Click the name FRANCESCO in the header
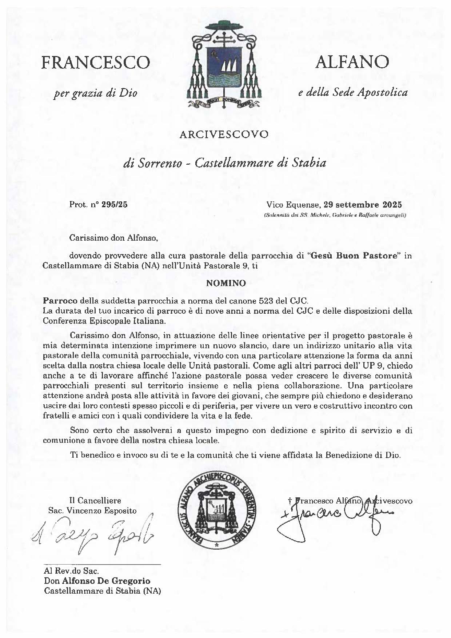coord(95,63)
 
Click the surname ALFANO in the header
coord(352,62)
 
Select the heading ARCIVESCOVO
coord(224,135)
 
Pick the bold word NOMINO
coord(226,283)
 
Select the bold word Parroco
coord(60,301)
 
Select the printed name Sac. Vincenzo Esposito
coord(92,510)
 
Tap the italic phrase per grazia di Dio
coord(95,93)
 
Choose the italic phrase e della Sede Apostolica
coord(352,93)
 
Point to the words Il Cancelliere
coord(95,501)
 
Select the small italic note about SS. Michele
coord(335,215)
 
